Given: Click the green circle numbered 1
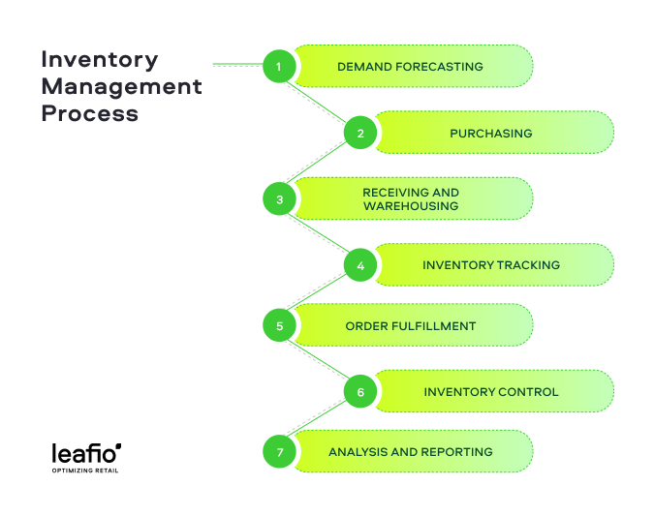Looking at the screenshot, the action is coord(279,66).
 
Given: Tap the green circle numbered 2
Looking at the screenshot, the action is coord(360,133).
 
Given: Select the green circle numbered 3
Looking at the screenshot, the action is coord(279,198).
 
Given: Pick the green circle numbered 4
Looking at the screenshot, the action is coord(360,265).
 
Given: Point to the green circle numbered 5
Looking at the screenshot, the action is coord(279,325).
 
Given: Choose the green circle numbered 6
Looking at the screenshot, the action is coord(360,391).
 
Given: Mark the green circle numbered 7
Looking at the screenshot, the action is coord(279,451).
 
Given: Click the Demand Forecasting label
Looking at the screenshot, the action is coord(410,67).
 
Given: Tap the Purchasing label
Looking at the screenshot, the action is coord(491,134).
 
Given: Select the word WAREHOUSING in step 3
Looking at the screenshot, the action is coord(411,206).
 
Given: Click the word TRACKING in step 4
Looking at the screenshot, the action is coord(528,265).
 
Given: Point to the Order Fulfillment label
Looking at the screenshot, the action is coord(411,326).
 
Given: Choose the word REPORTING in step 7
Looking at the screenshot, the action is coord(456,452).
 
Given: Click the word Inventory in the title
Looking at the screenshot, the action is coord(100,60).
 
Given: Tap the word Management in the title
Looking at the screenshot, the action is coord(122,87).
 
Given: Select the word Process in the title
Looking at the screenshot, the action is coord(90,113).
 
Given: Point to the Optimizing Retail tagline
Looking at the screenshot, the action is coord(85,470).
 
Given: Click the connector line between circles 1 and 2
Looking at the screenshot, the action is coord(316,103).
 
